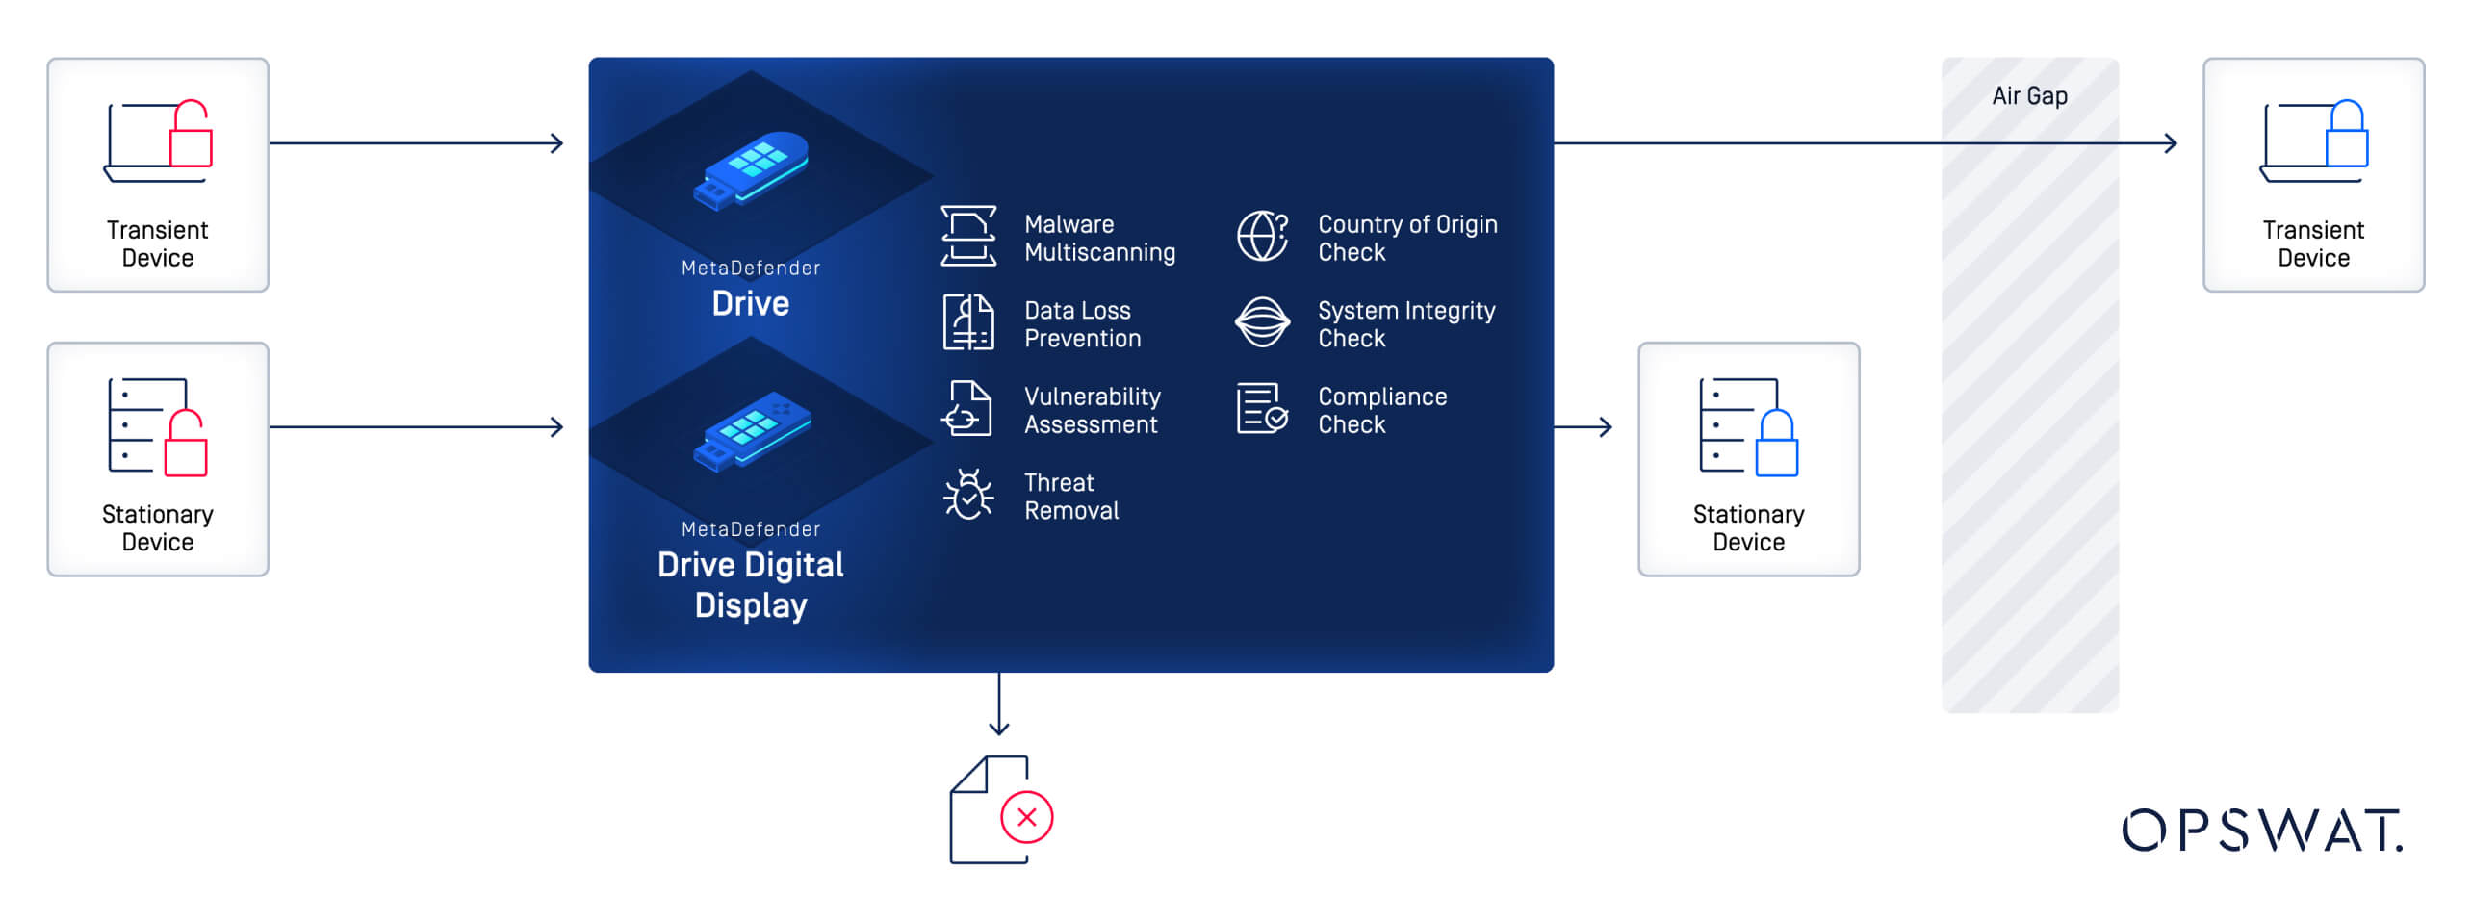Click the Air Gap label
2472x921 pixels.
2029,96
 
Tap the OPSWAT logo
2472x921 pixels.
2261,831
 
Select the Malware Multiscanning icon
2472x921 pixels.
968,236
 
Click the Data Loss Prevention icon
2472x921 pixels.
968,322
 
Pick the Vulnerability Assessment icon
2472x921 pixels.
967,408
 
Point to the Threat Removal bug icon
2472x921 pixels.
968,495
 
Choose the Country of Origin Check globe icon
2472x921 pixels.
1262,236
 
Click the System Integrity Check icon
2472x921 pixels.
1262,322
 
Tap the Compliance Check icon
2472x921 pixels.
1262,409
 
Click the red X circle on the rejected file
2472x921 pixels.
1026,817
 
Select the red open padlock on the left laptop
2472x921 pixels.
191,134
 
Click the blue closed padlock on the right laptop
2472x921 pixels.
2346,134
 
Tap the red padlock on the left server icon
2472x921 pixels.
186,444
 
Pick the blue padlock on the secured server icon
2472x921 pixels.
1776,444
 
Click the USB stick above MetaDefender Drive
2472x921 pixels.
752,170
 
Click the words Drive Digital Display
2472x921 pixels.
751,585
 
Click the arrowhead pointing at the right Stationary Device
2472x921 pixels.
1605,426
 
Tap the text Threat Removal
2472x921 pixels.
1070,497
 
